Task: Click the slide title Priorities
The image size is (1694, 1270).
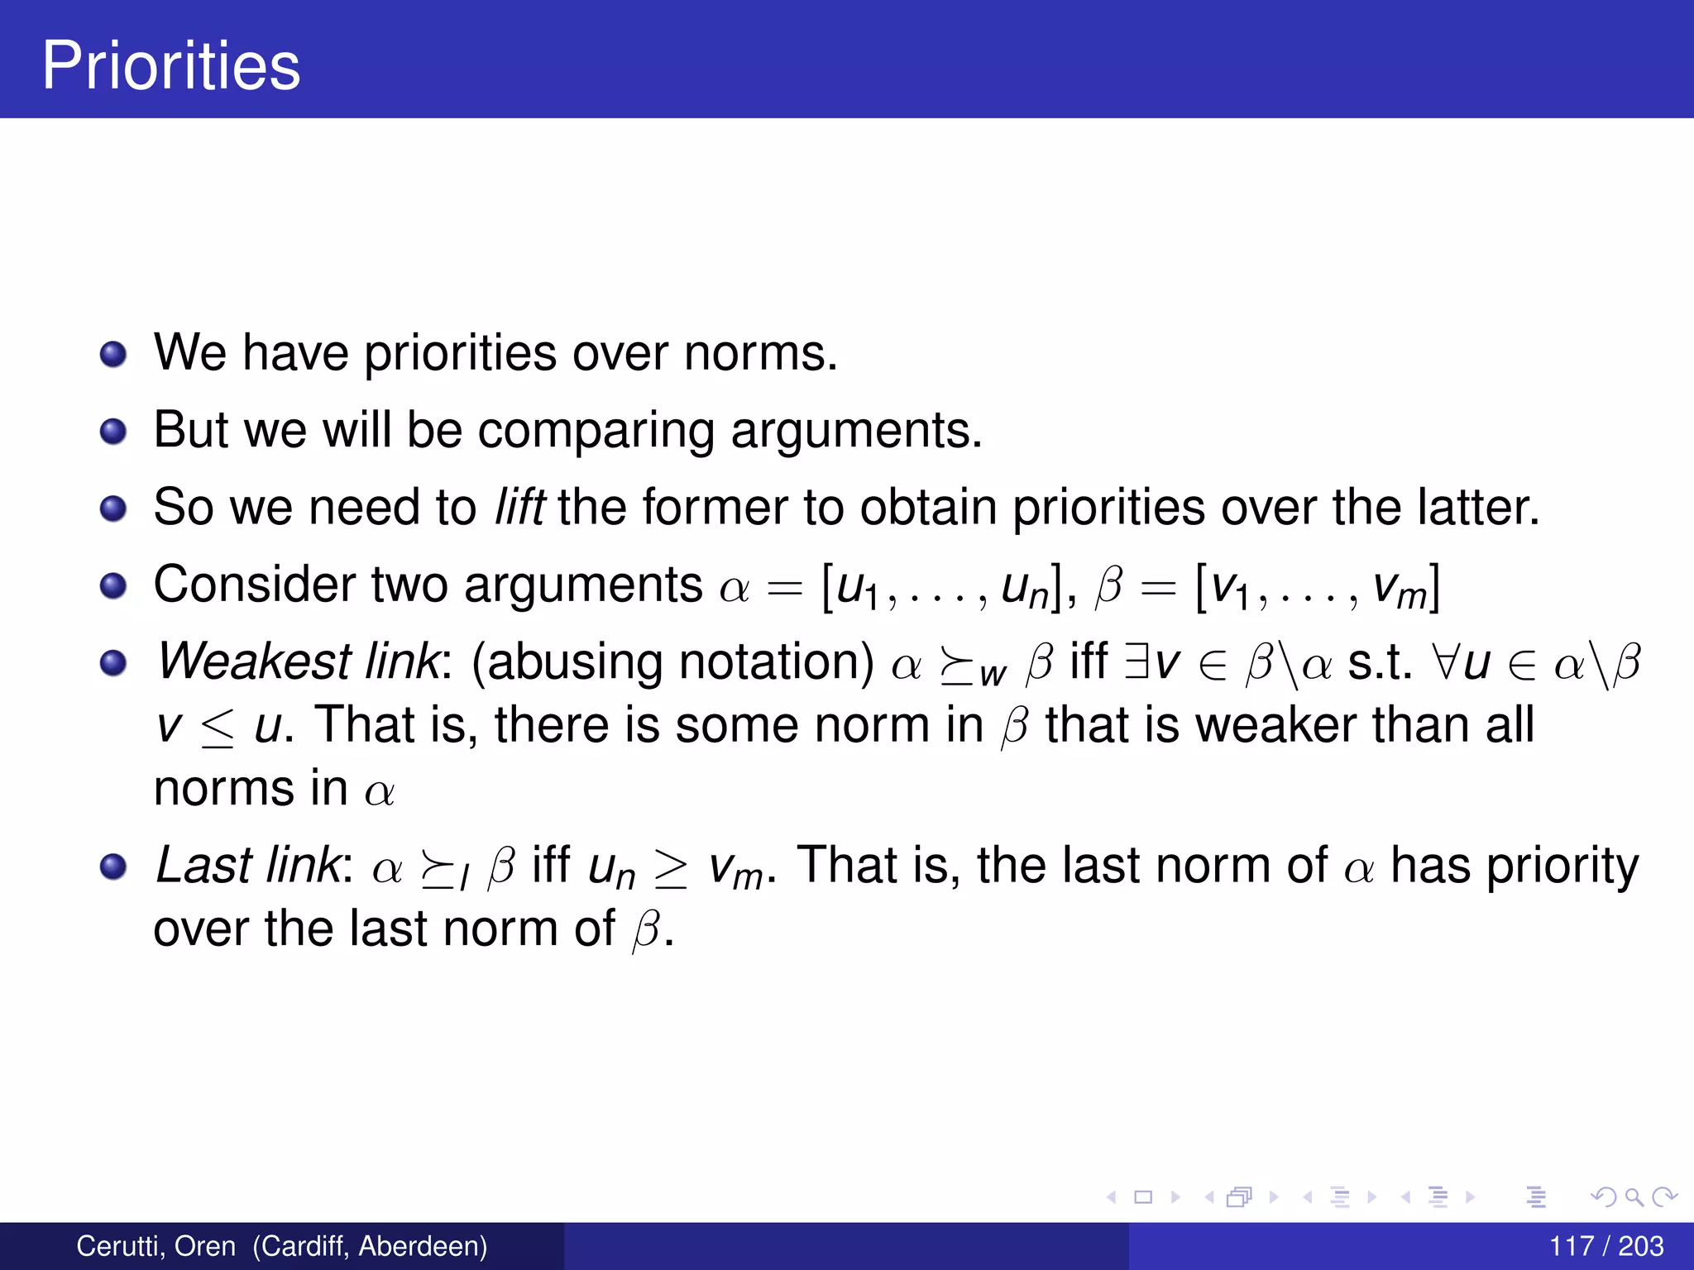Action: tap(171, 65)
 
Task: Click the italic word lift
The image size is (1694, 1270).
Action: tap(519, 506)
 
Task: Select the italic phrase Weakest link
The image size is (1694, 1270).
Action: tap(299, 661)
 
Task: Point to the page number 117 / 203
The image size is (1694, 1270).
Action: tap(1605, 1246)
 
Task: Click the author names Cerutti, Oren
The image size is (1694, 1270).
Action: tap(156, 1246)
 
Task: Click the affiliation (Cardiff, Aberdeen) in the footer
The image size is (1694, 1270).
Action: tap(370, 1246)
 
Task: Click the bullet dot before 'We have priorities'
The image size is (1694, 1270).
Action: tap(113, 355)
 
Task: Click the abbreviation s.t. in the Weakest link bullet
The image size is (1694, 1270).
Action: tap(1380, 661)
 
